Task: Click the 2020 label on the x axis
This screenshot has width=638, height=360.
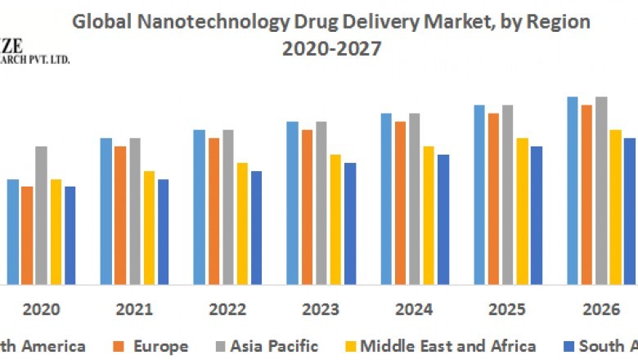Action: coord(41,310)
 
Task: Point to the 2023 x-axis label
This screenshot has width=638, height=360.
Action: coord(321,310)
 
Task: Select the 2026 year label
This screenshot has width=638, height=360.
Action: coord(600,310)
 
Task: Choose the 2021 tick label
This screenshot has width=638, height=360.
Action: coord(134,310)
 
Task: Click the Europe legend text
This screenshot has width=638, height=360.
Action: coord(159,346)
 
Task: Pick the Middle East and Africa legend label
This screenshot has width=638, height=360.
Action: coord(448,346)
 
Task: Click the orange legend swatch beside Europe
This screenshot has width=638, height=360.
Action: coord(119,347)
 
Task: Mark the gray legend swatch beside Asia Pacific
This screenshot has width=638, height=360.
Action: coord(223,347)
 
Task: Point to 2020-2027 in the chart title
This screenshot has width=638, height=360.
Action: coord(331,49)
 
